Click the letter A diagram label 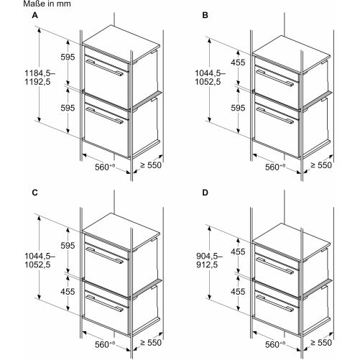[x=35, y=15]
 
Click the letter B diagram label [x=205, y=15]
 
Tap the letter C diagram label [x=35, y=193]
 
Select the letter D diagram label [x=205, y=193]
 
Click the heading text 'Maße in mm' [x=47, y=4]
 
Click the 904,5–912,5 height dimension [x=209, y=260]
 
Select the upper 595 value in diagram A [x=68, y=57]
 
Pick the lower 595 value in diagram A [x=68, y=108]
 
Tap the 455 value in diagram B [x=238, y=63]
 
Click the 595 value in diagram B [x=238, y=108]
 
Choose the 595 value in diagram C [x=68, y=246]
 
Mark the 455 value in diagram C [x=68, y=292]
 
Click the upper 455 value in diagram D [x=238, y=251]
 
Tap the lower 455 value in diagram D [x=238, y=292]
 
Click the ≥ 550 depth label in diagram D [x=321, y=343]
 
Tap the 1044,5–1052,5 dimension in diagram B [x=210, y=78]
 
